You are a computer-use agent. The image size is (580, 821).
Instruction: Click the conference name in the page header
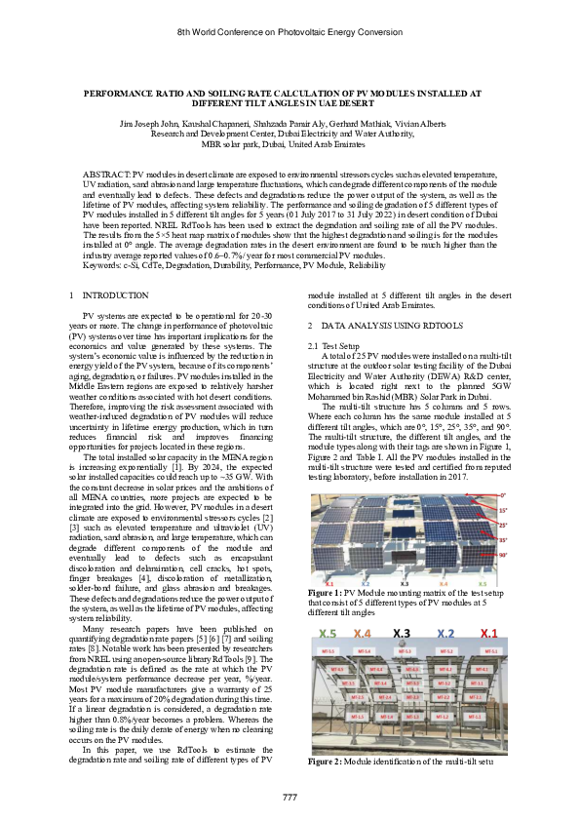(x=290, y=32)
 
